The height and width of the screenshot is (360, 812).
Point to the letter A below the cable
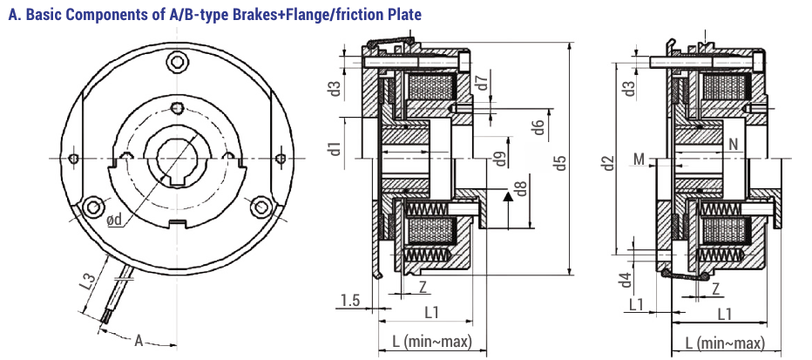coord(139,341)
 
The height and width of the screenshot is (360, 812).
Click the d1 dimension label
coord(335,147)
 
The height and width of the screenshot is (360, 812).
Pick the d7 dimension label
coord(483,85)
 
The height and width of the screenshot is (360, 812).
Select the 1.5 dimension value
coord(350,301)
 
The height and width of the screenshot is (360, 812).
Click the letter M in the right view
coord(639,160)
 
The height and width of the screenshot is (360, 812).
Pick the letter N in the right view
coord(733,145)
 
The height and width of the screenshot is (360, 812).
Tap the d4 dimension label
coord(625,282)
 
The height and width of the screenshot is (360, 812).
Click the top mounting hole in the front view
coord(178,60)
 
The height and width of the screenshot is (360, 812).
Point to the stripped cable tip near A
coord(105,319)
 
